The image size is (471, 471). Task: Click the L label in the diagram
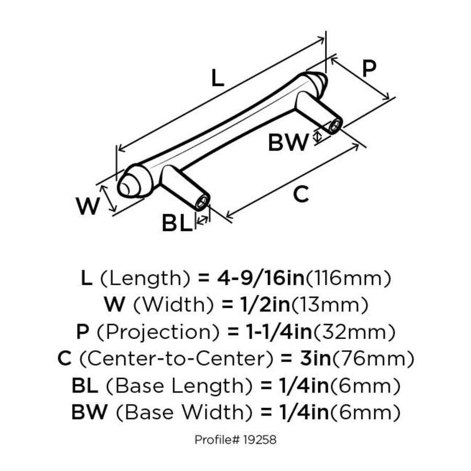pos(217,78)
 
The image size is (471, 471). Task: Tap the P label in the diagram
pos(369,69)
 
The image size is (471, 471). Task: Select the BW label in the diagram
pos(288,142)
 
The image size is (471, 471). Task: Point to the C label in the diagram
pos(300,195)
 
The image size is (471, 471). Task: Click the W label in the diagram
pos(87,207)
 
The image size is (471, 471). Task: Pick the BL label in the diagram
pos(176,224)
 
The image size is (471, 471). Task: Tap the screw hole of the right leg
pos(334,125)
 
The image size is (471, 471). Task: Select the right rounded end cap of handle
pos(318,80)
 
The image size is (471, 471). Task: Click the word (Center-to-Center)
pos(175,360)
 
